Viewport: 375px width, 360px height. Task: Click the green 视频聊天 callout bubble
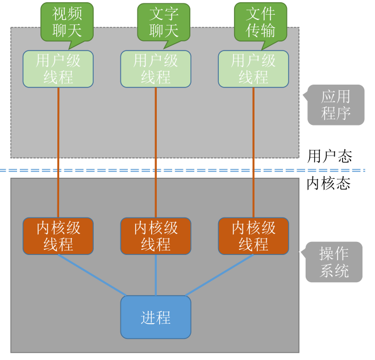pyautogui.click(x=67, y=22)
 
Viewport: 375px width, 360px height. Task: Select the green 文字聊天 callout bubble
pyautogui.click(x=164, y=23)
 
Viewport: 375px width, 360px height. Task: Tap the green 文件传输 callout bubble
pyautogui.click(x=260, y=22)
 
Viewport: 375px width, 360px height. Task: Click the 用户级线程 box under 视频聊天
pyautogui.click(x=58, y=69)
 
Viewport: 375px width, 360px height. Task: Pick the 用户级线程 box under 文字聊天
pyautogui.click(x=156, y=69)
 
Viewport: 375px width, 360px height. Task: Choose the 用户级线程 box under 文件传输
pyautogui.click(x=253, y=69)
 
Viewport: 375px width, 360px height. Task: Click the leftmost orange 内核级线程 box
pyautogui.click(x=58, y=236)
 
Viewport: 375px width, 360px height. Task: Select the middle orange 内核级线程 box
pyautogui.click(x=156, y=236)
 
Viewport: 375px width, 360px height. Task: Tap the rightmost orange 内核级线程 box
pyautogui.click(x=253, y=236)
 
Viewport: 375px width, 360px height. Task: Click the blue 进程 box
pyautogui.click(x=156, y=317)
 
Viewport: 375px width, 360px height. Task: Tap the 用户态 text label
pyautogui.click(x=330, y=156)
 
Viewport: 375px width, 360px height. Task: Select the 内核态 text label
pyautogui.click(x=328, y=183)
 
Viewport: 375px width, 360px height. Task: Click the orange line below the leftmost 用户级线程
pyautogui.click(x=58, y=153)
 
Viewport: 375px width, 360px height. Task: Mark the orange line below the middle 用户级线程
pyautogui.click(x=156, y=153)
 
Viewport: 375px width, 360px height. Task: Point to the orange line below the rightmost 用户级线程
pyautogui.click(x=253, y=153)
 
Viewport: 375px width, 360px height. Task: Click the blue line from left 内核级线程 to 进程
pyautogui.click(x=92, y=275)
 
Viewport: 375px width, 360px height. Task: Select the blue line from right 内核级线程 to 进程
pyautogui.click(x=219, y=275)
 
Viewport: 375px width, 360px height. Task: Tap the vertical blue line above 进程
pyautogui.click(x=156, y=275)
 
